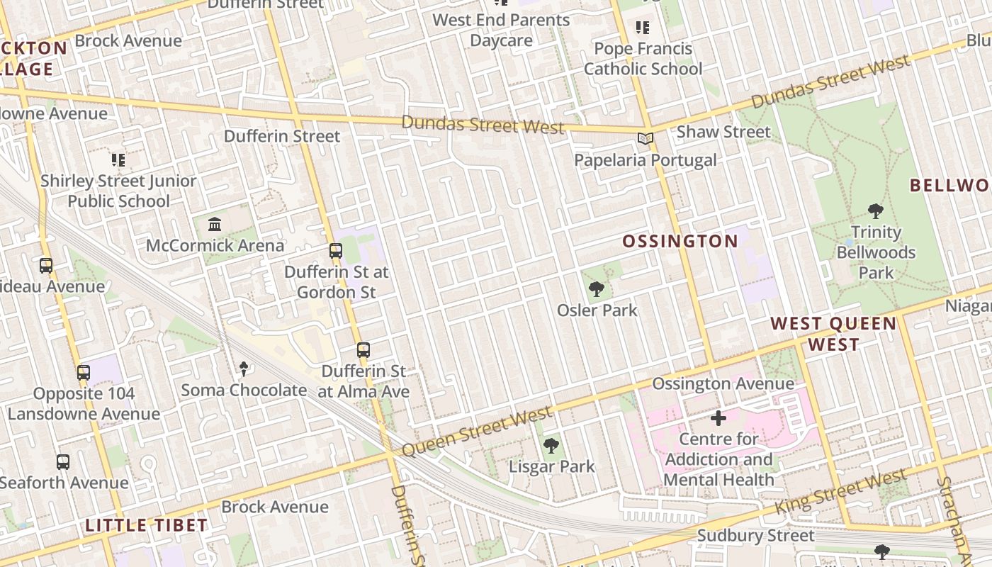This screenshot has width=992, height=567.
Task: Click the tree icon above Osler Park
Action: tap(597, 288)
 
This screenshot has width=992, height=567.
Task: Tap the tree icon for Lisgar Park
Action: tap(551, 446)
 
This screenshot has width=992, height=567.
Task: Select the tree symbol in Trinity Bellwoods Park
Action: tap(876, 210)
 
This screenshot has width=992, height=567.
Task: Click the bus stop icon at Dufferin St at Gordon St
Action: tap(336, 251)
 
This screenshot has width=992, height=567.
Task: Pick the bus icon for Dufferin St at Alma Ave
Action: tap(363, 349)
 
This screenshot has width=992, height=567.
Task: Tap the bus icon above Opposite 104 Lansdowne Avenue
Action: tap(84, 372)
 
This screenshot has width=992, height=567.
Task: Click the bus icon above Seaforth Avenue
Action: tap(63, 462)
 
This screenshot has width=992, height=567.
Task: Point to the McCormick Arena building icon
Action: tap(214, 225)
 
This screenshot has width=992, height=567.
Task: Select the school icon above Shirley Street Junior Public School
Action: tap(118, 160)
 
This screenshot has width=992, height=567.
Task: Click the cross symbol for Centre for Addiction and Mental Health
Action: tap(718, 418)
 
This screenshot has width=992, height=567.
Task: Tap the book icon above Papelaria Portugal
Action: tap(645, 139)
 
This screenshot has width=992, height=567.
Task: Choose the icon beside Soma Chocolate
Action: tap(244, 369)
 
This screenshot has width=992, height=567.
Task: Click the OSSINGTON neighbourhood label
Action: tap(680, 242)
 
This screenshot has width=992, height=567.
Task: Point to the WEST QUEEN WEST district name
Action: tap(833, 335)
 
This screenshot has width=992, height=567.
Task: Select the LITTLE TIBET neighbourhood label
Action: tap(146, 525)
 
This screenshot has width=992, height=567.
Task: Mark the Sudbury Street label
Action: tap(756, 535)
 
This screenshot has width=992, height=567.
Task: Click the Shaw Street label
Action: tap(723, 132)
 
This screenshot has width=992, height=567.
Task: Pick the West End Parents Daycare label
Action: tap(501, 30)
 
